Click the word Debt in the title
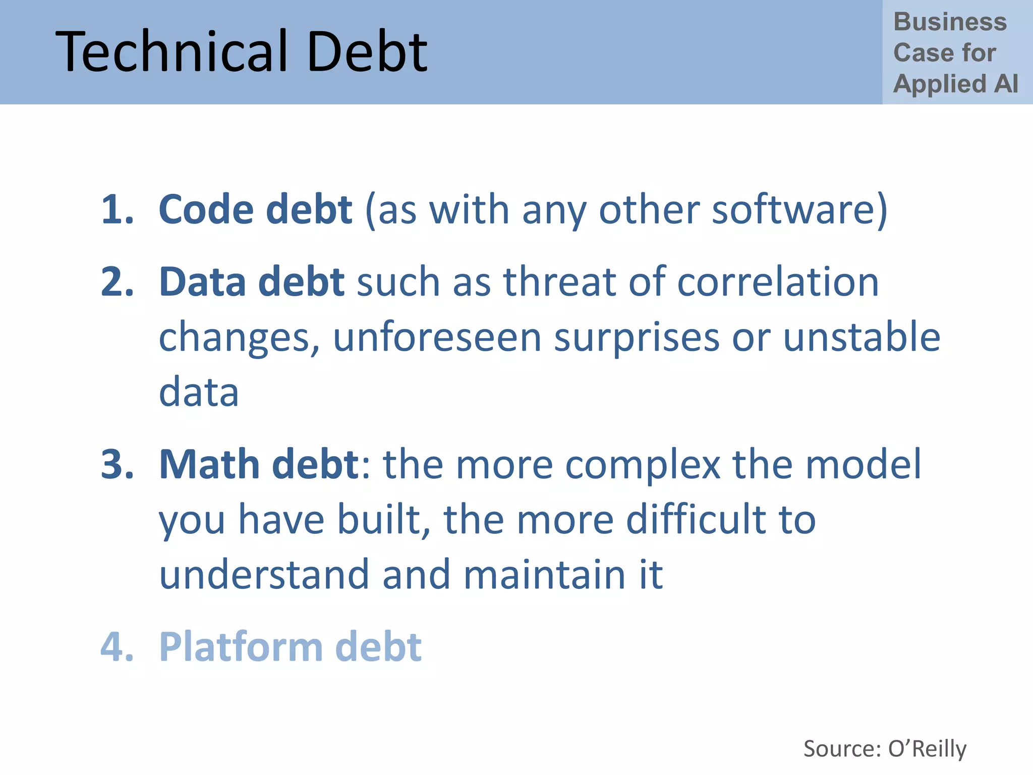[x=367, y=52]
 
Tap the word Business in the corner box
[x=950, y=22]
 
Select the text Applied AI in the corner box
[x=955, y=84]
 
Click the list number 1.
[x=117, y=209]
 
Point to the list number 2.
[x=117, y=282]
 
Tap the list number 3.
[x=117, y=464]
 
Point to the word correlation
[x=777, y=282]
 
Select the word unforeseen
[x=437, y=337]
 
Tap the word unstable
[x=862, y=337]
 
